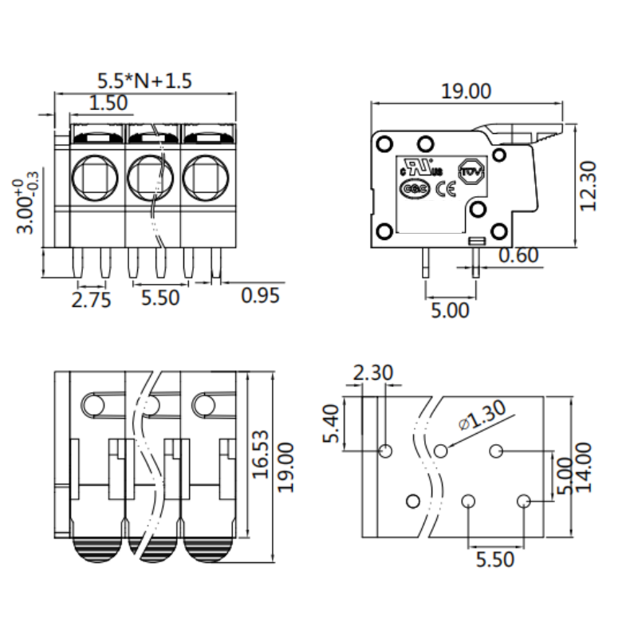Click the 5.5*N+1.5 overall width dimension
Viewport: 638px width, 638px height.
144,81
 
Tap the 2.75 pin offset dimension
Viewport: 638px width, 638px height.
91,299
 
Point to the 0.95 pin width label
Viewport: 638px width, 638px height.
261,296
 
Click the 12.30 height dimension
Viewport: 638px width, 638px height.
589,186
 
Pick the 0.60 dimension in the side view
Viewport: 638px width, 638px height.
519,256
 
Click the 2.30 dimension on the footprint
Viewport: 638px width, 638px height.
372,372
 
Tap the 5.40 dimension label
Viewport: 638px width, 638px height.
336,423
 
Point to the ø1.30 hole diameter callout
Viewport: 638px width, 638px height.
482,415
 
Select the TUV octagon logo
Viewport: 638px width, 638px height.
471,171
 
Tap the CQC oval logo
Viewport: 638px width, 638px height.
415,190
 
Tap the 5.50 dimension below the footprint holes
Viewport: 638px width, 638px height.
495,559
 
